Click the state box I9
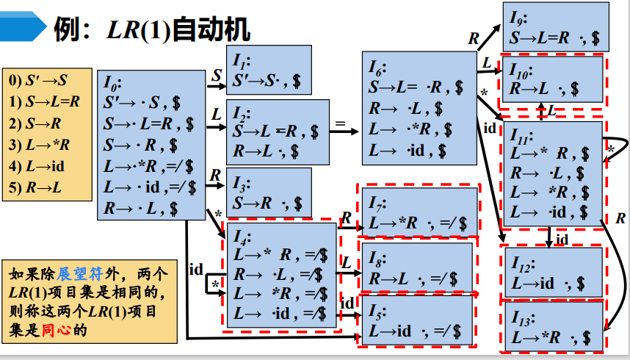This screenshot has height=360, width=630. click(555, 26)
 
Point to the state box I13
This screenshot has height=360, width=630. click(555, 329)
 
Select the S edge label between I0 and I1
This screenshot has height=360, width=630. click(216, 75)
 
